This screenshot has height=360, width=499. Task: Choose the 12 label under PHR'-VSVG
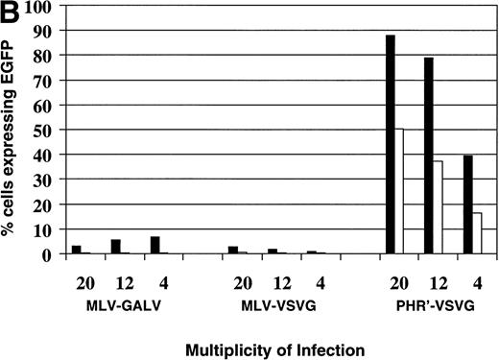tap(429, 284)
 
